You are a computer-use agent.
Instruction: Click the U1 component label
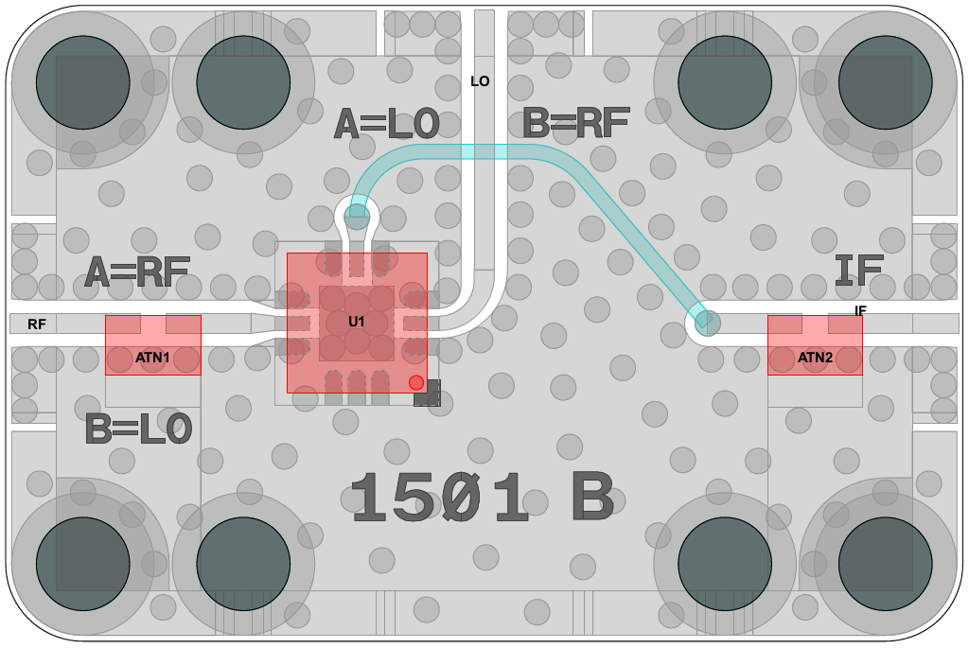(x=356, y=322)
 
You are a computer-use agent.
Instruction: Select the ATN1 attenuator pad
(x=152, y=345)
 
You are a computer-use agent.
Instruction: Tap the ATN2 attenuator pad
(x=815, y=345)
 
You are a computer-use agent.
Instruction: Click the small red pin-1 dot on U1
(x=415, y=382)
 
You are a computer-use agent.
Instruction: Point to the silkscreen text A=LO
(x=387, y=124)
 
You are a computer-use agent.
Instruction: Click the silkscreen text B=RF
(x=576, y=123)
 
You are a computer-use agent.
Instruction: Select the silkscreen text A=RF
(x=137, y=272)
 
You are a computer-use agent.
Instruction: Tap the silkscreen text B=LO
(x=138, y=429)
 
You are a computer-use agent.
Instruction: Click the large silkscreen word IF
(x=859, y=272)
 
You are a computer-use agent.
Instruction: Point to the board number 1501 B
(x=483, y=499)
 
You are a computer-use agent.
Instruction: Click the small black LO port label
(x=480, y=81)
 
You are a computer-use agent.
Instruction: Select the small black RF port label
(x=37, y=324)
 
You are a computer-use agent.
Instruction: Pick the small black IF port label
(x=860, y=310)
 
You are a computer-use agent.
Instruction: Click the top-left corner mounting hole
(x=82, y=82)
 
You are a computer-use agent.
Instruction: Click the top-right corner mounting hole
(x=885, y=82)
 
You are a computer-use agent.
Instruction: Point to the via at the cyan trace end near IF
(x=704, y=322)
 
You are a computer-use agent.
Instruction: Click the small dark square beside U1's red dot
(x=428, y=394)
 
